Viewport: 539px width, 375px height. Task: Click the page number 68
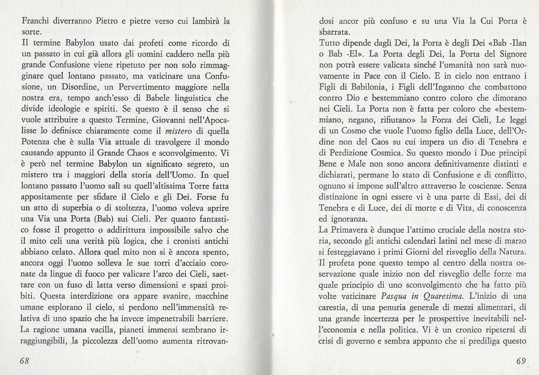[25, 361]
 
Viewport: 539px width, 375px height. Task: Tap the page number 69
[521, 361]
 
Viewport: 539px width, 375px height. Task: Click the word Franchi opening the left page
[35, 21]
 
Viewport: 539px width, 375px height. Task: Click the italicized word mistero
[177, 131]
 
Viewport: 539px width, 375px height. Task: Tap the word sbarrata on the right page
[334, 32]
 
